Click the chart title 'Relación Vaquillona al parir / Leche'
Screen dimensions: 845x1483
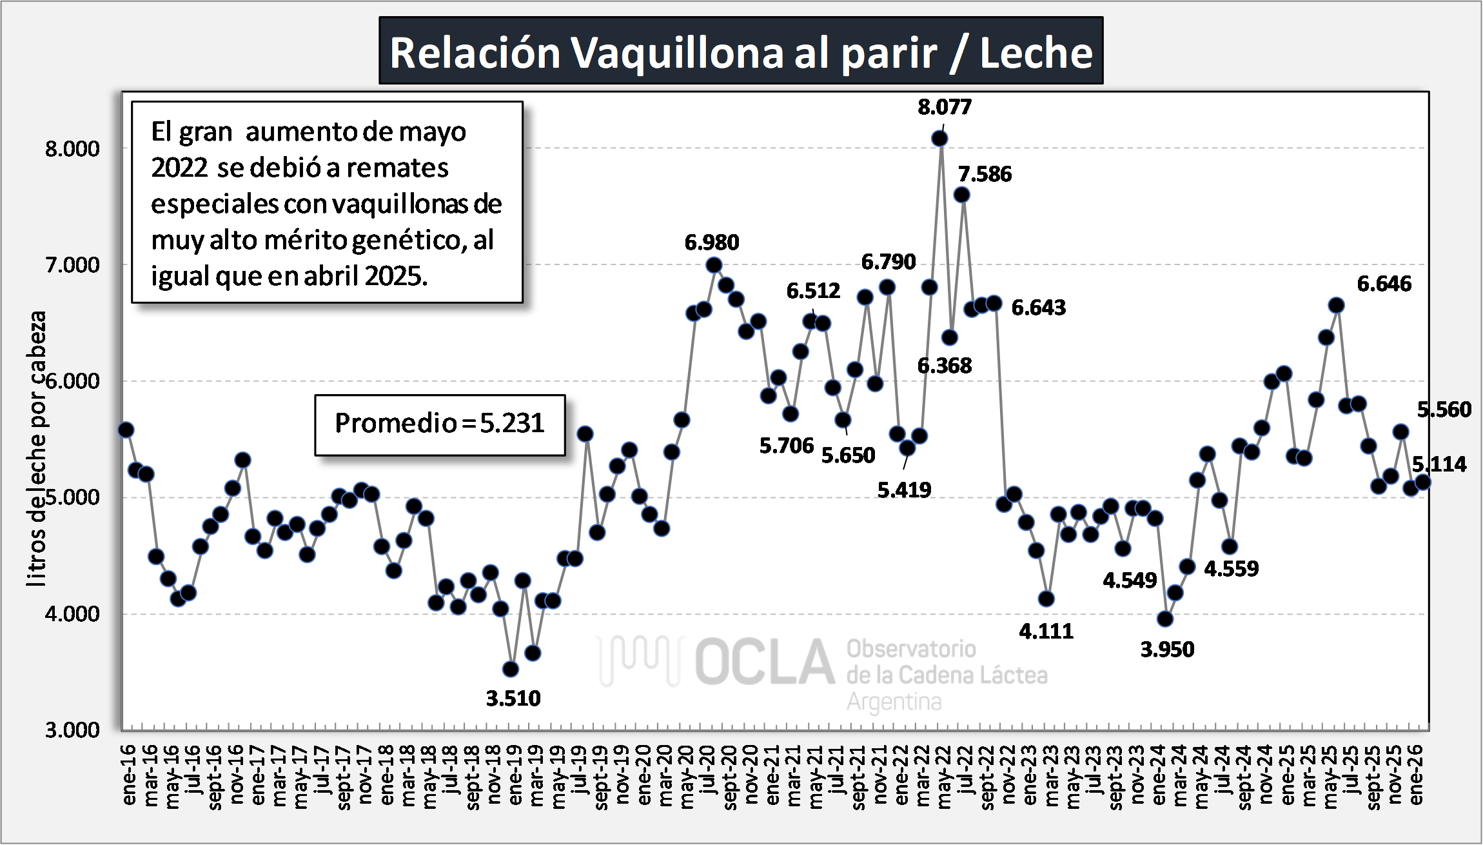pos(741,52)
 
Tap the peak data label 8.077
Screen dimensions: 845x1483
pos(945,107)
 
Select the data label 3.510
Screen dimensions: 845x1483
pos(513,698)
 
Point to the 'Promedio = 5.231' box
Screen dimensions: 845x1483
pos(440,424)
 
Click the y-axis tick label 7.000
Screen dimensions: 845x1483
pos(72,264)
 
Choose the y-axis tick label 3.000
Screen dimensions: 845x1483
pos(72,730)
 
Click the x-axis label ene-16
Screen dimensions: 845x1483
pos(129,774)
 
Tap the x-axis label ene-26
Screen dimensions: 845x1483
pos(1416,774)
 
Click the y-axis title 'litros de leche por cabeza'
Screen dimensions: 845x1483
pos(37,448)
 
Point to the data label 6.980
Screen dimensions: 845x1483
pos(712,243)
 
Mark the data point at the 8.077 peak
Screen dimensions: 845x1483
pos(939,138)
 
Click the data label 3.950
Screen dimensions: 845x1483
pos(1167,649)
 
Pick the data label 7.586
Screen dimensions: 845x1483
pos(985,174)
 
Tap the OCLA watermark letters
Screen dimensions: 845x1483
pos(764,662)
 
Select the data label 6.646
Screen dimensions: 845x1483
pos(1384,284)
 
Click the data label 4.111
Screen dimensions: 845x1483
pos(1046,631)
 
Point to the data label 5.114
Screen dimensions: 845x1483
pos(1439,464)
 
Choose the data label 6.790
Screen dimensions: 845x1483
pos(888,262)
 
